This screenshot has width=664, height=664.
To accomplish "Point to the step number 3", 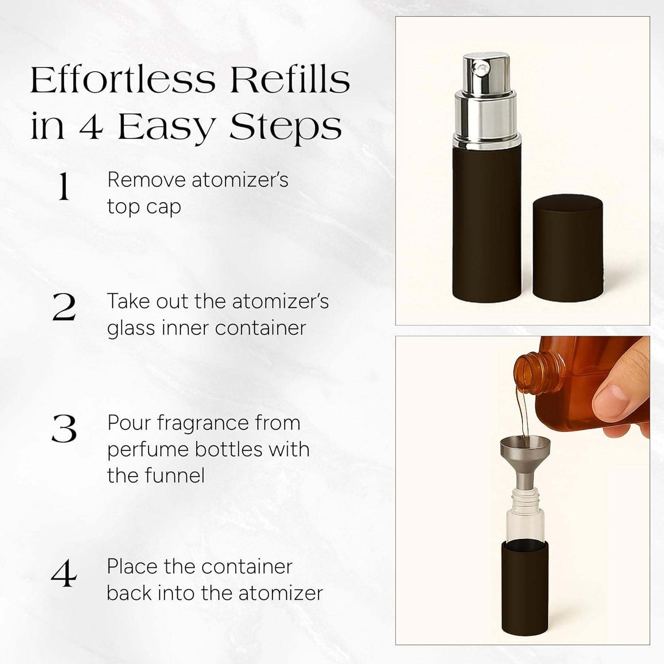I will [64, 429].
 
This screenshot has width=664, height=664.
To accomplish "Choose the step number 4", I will [64, 574].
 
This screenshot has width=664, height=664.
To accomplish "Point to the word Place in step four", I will [131, 567].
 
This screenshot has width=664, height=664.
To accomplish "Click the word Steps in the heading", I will [286, 127].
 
